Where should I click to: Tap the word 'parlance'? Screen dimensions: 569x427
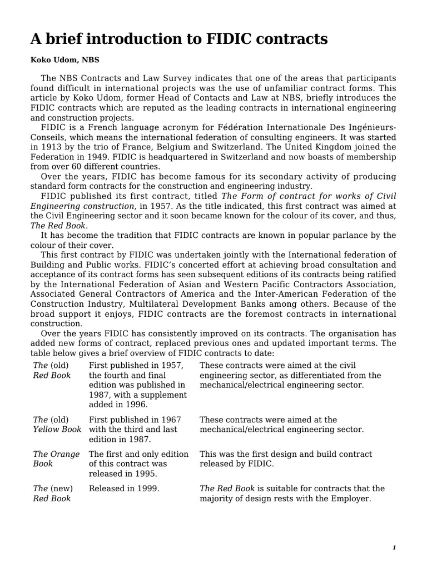point(340,235)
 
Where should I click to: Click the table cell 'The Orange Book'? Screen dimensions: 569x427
point(56,459)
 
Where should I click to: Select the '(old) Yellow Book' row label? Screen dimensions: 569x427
point(57,425)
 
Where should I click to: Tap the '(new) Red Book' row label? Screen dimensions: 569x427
point(52,493)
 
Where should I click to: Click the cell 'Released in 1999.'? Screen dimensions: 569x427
point(124,488)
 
